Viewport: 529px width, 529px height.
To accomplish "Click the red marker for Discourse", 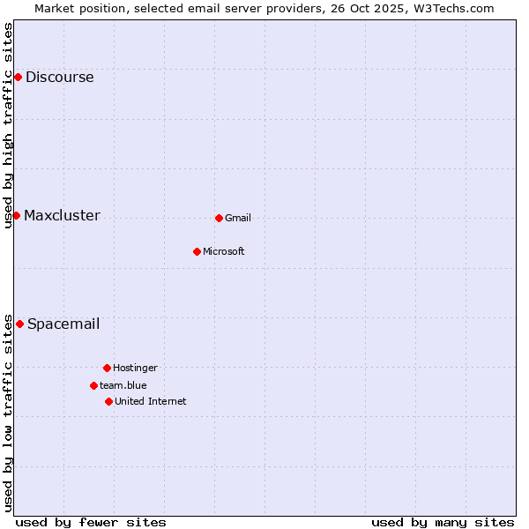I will coord(18,77).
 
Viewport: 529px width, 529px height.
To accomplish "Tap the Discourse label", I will coord(59,77).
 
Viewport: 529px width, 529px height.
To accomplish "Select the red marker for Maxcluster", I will coord(16,215).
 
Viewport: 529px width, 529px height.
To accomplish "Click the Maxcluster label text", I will coord(62,215).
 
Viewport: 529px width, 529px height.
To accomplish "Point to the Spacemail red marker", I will coord(19,324).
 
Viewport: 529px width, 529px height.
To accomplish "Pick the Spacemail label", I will coord(63,324).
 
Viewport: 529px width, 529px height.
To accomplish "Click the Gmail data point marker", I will coord(219,218).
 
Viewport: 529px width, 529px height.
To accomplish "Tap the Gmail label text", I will coord(238,218).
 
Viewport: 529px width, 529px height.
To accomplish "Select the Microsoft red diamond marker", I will coord(197,251).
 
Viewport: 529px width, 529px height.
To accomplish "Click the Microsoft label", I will coord(224,251).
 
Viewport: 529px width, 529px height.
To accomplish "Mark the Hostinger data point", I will coord(107,368).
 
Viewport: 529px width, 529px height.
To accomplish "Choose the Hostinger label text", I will coord(135,368).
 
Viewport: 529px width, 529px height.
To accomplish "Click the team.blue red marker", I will coord(93,385).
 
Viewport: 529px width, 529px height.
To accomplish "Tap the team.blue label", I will coord(123,385).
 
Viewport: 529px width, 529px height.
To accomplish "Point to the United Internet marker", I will coord(108,401).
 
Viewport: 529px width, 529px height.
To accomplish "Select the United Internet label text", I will coord(151,401).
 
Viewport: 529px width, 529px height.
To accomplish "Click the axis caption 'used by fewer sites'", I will coord(91,522).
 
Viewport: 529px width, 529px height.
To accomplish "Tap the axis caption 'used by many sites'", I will coord(443,522).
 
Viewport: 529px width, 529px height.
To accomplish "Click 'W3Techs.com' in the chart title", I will coord(455,8).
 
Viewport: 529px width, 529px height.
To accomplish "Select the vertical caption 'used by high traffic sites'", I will coord(8,125).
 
